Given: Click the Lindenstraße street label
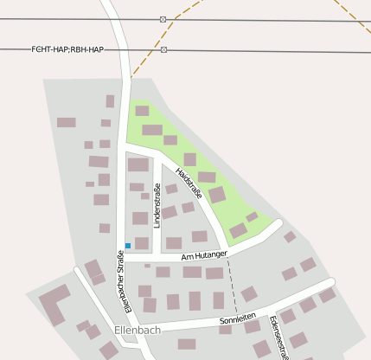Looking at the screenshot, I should tap(157, 206).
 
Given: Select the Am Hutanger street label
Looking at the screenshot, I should tap(204, 255).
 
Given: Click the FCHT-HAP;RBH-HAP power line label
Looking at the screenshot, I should tap(67, 50).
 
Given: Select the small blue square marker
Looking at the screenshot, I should tap(128, 246).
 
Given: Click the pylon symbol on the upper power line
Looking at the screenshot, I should tap(163, 19).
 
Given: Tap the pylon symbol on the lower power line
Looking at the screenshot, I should tap(163, 50).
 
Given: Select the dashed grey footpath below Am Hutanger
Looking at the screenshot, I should tap(232, 286).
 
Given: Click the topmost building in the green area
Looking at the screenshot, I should tap(142, 111).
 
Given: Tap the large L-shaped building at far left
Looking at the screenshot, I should tap(54, 304).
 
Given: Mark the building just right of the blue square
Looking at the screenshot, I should tap(142, 243).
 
